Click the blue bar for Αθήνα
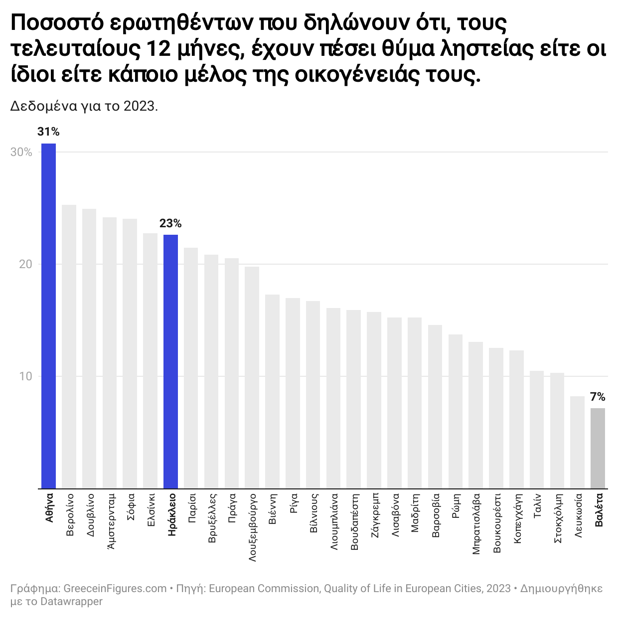click(48, 316)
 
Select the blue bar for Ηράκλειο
click(170, 361)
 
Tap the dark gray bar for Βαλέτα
click(598, 448)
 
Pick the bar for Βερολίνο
click(69, 346)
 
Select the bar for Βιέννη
click(272, 391)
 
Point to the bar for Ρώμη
click(456, 411)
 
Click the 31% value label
click(48, 132)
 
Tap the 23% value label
click(170, 223)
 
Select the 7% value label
click(598, 397)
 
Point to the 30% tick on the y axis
click(21, 153)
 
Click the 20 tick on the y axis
click(25, 264)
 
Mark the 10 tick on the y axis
click(25, 376)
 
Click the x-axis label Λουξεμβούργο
click(252, 528)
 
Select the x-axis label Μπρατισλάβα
click(476, 524)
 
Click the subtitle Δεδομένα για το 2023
click(84, 106)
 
